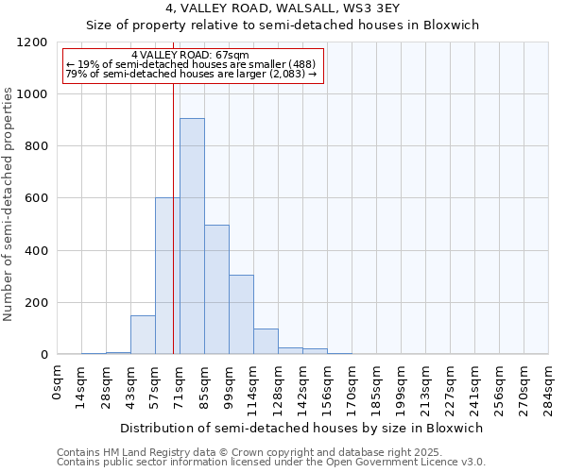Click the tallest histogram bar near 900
pos(192,236)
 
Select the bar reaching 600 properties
pos(167,276)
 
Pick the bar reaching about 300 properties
pos(241,314)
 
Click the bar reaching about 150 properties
pos(143,335)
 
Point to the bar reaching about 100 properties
pos(266,342)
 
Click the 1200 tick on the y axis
pos(34,42)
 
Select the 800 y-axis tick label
pos(38,146)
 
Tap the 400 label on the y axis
pos(38,251)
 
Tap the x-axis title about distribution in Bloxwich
pos(302,428)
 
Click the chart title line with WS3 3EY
pos(283,8)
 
